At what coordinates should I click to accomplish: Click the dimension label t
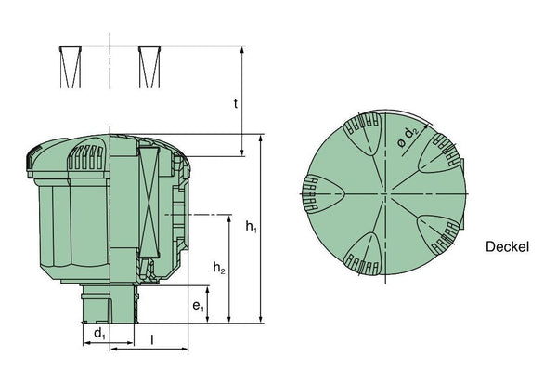(x=236, y=103)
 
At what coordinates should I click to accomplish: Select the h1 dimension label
(x=252, y=226)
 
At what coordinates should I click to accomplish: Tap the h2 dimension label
(x=219, y=267)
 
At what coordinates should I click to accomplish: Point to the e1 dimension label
(x=199, y=306)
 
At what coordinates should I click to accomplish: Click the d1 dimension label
(x=100, y=334)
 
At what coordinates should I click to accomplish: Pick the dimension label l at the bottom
(x=152, y=340)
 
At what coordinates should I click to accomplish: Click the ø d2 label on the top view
(x=408, y=138)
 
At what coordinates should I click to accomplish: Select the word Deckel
(x=507, y=246)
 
